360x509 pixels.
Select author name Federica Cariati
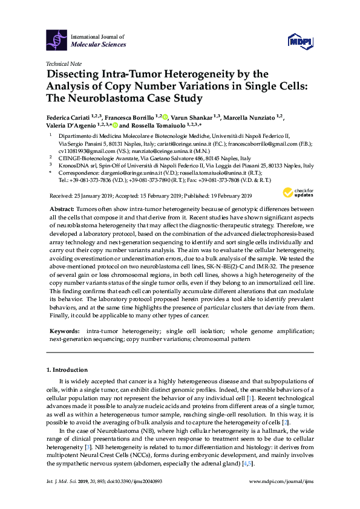[71, 117]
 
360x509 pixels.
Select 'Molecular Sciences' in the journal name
[99, 44]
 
